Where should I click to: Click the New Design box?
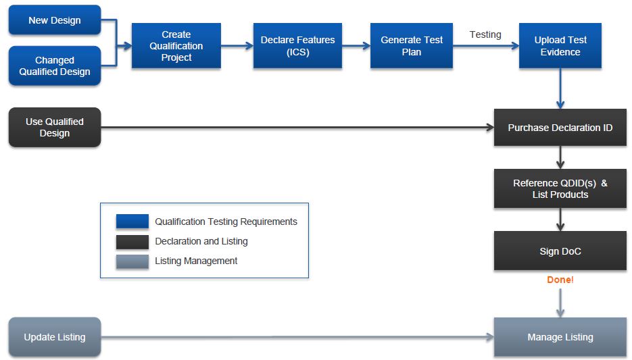(x=54, y=20)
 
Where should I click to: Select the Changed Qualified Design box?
(x=54, y=66)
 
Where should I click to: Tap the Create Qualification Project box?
(x=176, y=46)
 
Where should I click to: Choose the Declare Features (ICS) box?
(x=297, y=46)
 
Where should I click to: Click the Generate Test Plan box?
(x=411, y=46)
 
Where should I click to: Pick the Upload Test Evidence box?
(x=560, y=46)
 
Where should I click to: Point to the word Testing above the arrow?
(x=485, y=34)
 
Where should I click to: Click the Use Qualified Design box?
(x=54, y=127)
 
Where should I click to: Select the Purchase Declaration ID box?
(x=560, y=127)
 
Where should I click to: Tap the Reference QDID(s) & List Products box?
(x=560, y=189)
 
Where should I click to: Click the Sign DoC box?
(x=560, y=251)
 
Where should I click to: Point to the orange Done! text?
(x=560, y=280)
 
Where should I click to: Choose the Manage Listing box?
(x=560, y=337)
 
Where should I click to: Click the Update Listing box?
(x=54, y=337)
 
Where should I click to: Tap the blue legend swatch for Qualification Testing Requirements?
(x=132, y=222)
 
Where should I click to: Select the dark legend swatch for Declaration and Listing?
(x=132, y=242)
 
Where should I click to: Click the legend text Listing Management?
(x=196, y=261)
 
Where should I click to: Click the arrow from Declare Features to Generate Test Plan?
(x=356, y=46)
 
